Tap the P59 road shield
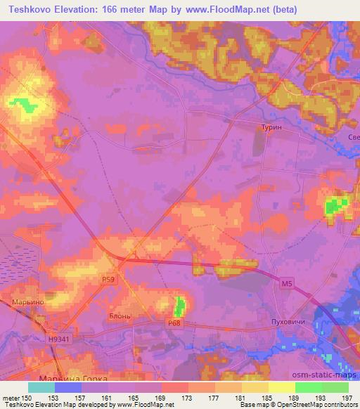tap(107, 279)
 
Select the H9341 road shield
tap(60, 339)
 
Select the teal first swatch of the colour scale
tap(41, 387)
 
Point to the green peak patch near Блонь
tap(179, 306)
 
